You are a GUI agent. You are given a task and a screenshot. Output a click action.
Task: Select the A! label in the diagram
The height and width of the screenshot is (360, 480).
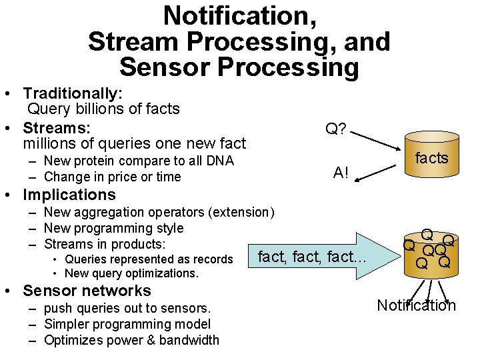pyautogui.click(x=341, y=173)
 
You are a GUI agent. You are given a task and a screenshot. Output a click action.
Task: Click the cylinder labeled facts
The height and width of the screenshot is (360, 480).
pyautogui.click(x=431, y=158)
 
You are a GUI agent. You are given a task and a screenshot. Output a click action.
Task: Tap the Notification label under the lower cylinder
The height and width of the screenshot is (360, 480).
pyautogui.click(x=416, y=305)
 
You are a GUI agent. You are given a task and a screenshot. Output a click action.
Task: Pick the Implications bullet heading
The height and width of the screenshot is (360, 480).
pyautogui.click(x=69, y=195)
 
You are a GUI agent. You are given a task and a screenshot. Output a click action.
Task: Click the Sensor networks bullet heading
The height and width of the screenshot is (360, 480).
pyautogui.click(x=87, y=291)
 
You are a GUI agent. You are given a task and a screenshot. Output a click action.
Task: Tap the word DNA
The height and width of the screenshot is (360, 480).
pyautogui.click(x=221, y=160)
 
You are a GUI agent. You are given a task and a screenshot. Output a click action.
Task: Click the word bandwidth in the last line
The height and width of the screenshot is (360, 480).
pyautogui.click(x=190, y=340)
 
